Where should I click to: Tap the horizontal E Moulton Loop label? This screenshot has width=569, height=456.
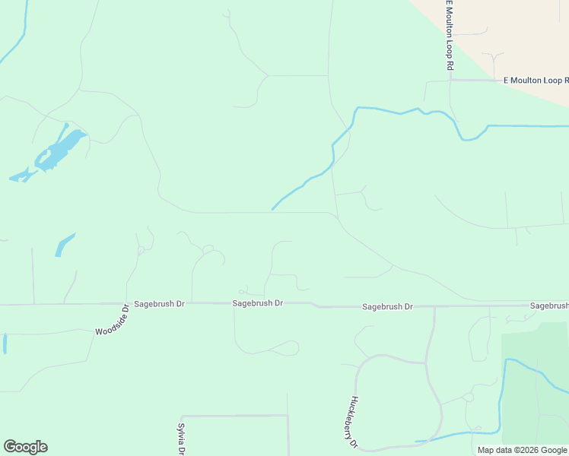click(x=536, y=80)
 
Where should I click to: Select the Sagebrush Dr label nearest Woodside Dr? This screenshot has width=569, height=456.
click(x=159, y=303)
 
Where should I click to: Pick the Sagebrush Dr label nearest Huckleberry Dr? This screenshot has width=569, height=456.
click(x=387, y=307)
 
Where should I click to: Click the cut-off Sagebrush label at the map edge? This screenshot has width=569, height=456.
click(x=548, y=306)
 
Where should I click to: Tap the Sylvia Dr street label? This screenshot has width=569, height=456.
click(x=181, y=439)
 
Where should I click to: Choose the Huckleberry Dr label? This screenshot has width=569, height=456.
click(x=349, y=422)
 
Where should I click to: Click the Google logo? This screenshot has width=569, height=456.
click(x=25, y=447)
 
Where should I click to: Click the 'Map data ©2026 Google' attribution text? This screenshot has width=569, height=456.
click(x=522, y=450)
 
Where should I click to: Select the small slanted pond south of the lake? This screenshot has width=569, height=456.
click(x=65, y=244)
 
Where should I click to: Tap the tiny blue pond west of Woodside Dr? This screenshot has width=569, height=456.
click(x=5, y=344)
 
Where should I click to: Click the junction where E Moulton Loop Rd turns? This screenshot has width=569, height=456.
click(x=450, y=79)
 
